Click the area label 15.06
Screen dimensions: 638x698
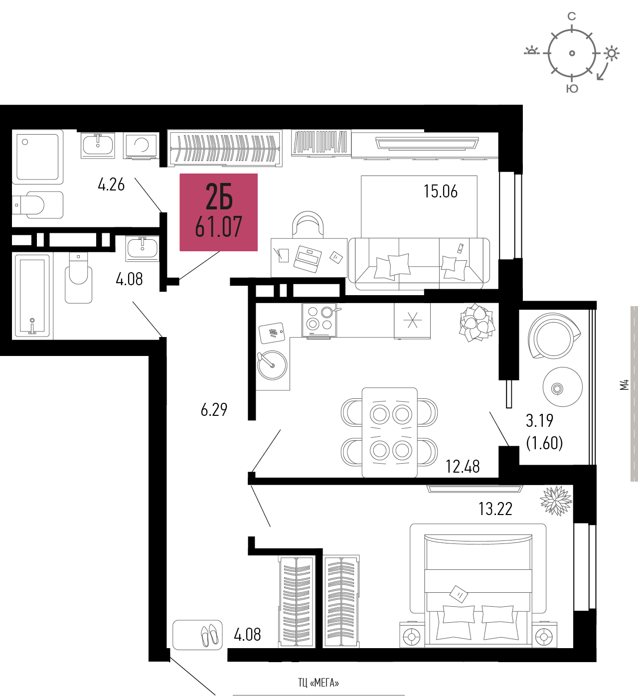coord(441,191)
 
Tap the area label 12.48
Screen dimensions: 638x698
coord(463,467)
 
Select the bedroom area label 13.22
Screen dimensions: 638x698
coord(495,509)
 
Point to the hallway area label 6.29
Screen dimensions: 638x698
coord(214,409)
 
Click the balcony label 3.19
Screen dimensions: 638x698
coord(539,421)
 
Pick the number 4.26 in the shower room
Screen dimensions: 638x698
coord(111,184)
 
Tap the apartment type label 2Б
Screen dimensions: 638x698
coord(219,197)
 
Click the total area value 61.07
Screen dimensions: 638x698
coord(218,226)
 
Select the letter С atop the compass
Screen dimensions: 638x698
coord(572,16)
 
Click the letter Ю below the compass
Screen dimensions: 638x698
coord(572,89)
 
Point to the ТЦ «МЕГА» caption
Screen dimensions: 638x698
coord(319,683)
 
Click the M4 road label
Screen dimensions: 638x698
coord(625,385)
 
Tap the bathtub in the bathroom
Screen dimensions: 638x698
coord(32,296)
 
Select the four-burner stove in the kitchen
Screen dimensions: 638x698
coord(319,320)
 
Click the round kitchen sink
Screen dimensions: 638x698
coord(272,365)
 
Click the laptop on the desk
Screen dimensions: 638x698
coord(307,259)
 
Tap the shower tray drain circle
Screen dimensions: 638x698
coord(25,142)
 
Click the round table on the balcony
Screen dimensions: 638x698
coord(563,387)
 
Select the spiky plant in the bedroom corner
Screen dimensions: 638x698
coord(556,501)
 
